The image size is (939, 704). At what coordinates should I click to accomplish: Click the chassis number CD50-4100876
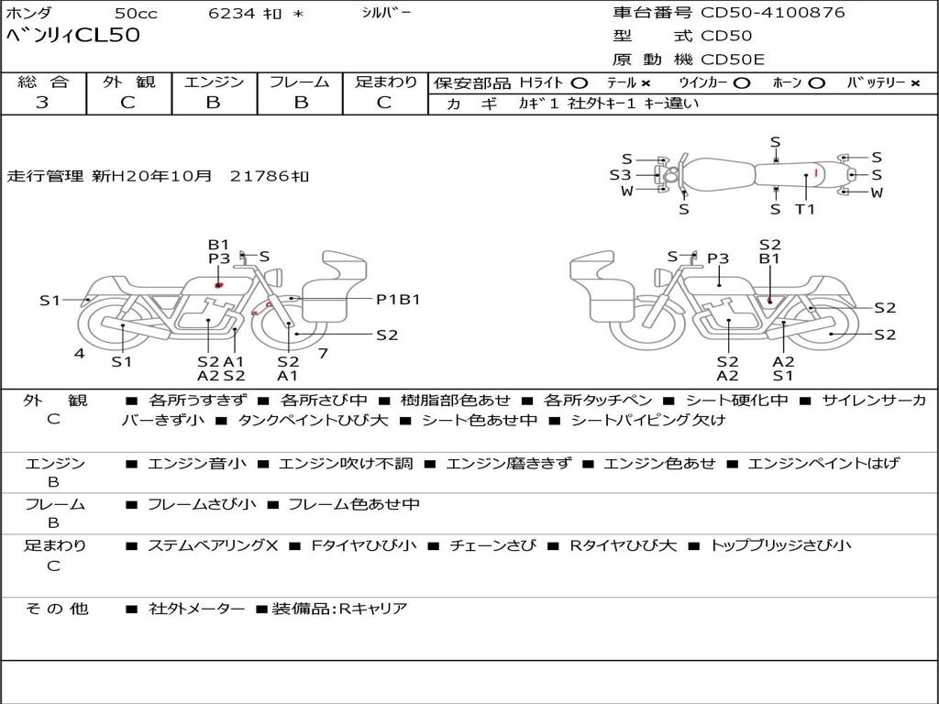coord(772,12)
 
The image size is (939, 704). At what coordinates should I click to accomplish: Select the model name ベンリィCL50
coord(73,35)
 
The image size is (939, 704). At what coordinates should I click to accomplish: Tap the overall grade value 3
coord(42,102)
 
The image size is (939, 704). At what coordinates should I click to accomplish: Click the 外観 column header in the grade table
coord(128,82)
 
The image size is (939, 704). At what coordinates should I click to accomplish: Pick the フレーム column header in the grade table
coord(300,82)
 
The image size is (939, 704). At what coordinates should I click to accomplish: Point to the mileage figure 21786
coord(260,176)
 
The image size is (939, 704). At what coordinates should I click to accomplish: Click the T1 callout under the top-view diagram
coord(805,209)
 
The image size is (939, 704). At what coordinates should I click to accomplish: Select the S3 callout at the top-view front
coord(621,175)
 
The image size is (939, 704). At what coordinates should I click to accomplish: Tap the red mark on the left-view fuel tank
coord(218,285)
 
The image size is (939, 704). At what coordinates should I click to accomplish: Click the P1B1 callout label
coord(398,299)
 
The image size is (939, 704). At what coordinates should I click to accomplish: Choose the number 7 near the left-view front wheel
coord(323,353)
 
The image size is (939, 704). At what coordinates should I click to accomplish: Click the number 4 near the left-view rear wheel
coord(80,353)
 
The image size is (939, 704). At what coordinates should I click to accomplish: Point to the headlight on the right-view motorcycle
coord(661,277)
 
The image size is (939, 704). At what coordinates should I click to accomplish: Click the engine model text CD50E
coord(733,60)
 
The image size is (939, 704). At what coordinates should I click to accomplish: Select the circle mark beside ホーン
coord(816,83)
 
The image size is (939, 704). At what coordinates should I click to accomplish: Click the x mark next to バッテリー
coord(915,83)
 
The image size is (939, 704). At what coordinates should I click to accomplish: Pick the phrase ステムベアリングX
coord(213,545)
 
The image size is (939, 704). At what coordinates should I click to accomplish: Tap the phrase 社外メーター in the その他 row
coord(196,609)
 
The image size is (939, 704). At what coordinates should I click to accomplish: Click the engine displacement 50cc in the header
coord(136,13)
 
